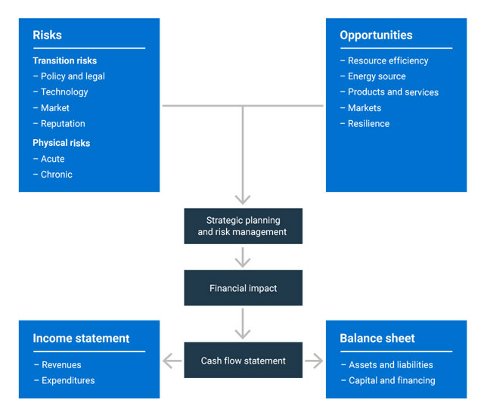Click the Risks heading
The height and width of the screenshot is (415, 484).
(47, 36)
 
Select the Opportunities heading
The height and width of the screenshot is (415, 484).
(376, 36)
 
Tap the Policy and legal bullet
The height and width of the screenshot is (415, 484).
(73, 76)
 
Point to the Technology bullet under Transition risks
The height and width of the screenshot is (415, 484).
(64, 92)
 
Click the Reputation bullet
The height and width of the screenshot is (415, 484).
(63, 124)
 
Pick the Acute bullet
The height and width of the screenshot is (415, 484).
(52, 159)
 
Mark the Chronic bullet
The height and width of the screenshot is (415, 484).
(57, 175)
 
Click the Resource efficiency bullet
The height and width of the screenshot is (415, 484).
(387, 60)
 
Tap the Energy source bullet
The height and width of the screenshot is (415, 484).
(377, 76)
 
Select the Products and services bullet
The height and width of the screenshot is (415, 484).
(392, 92)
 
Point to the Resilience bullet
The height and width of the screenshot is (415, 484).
(368, 124)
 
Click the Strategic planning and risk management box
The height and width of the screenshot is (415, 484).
(243, 226)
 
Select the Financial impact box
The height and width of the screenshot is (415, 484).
(243, 288)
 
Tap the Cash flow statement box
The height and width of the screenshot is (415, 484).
(243, 361)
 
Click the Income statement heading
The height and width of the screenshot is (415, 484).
(81, 339)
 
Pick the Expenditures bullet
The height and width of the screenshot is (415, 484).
(68, 381)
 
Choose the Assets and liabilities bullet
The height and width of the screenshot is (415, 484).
(390, 365)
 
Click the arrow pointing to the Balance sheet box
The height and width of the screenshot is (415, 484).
(314, 361)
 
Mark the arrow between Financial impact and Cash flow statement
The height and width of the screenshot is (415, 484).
(243, 324)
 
